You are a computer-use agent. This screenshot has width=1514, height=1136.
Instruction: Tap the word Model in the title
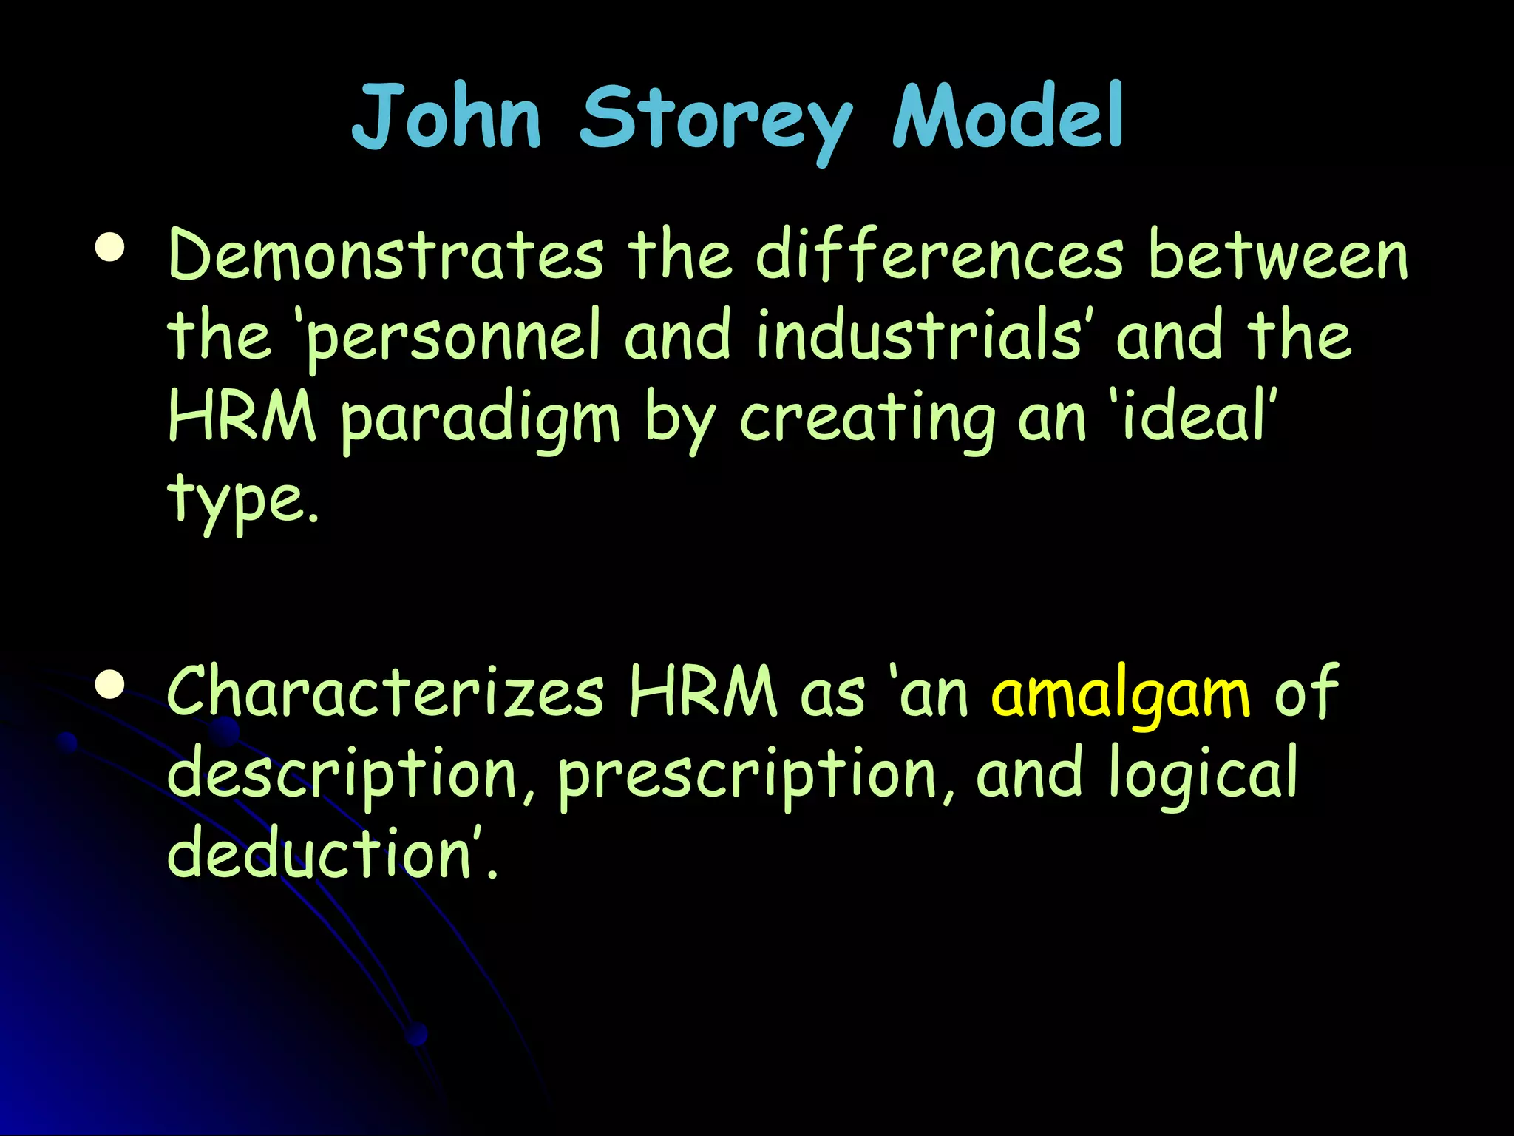(x=1008, y=117)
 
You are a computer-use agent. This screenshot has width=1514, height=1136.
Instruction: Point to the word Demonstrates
(x=386, y=255)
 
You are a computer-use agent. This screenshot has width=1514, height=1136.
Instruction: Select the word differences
(x=939, y=255)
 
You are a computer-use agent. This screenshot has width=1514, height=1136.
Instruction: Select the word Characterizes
(x=386, y=692)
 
